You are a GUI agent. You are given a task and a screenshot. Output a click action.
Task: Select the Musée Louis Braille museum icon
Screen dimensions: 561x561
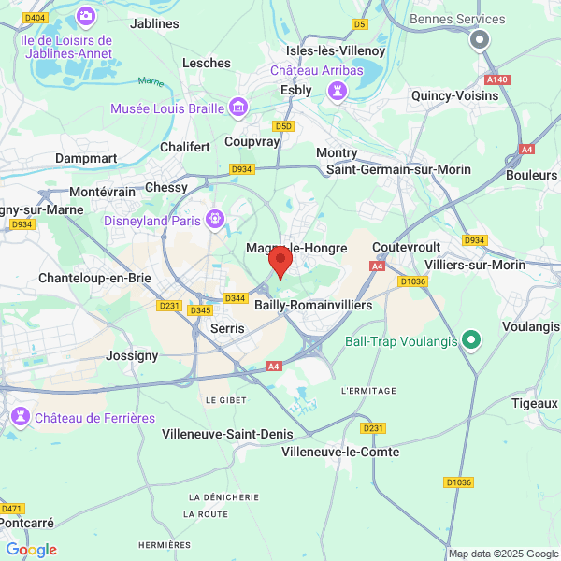click(238, 108)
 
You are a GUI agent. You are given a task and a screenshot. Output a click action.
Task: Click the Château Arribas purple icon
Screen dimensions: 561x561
click(336, 90)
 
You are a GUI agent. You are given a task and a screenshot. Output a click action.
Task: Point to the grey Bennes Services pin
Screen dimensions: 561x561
click(480, 40)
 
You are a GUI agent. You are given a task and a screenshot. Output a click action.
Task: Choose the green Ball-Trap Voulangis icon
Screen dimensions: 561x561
click(471, 340)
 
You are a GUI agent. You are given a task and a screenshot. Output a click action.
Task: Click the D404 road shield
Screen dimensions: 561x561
click(36, 18)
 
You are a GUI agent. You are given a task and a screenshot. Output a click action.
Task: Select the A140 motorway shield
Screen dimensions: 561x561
click(497, 79)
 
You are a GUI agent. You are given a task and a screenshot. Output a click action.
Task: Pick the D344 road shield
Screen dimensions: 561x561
click(235, 298)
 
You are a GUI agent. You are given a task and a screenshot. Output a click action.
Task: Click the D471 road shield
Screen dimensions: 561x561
click(12, 508)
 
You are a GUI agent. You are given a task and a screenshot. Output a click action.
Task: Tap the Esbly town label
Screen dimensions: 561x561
click(296, 90)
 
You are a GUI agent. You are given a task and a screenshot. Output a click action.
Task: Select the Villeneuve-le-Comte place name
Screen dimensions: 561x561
click(340, 453)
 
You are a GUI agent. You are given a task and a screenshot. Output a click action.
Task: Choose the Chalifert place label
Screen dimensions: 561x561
click(185, 147)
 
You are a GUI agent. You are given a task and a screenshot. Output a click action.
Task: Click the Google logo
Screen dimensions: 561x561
click(32, 550)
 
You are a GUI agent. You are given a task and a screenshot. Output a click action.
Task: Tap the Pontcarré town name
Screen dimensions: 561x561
click(27, 524)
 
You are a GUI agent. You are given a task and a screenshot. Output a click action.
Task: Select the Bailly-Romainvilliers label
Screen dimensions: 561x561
click(313, 305)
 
